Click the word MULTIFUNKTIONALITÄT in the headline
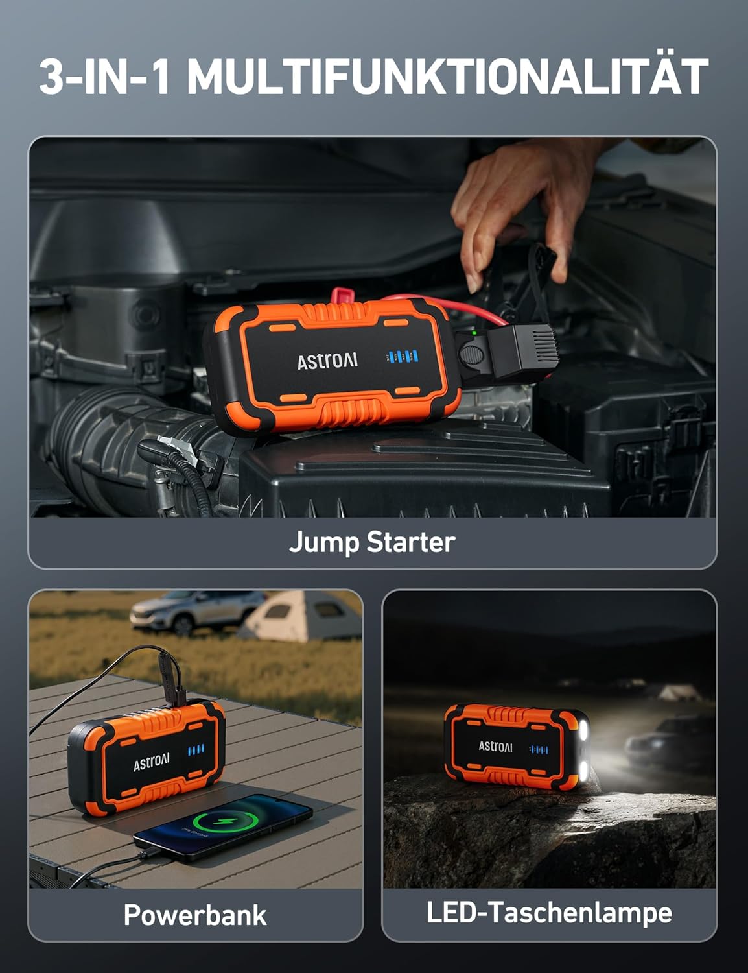point(447,77)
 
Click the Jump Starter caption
point(372,542)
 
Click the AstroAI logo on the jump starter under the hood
point(327,361)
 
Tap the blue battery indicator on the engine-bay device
point(402,356)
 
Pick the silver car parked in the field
point(198,610)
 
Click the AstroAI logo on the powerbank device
point(151,762)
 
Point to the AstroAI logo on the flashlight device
point(495,746)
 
